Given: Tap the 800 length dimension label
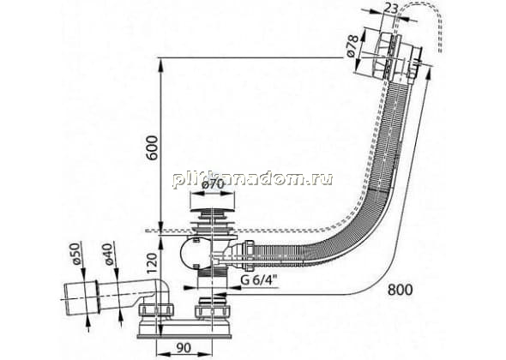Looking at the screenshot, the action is coord(400,290).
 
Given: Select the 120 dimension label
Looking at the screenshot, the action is coord(152,263).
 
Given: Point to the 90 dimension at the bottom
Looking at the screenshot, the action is coord(184,347).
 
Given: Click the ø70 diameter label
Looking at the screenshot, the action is coord(213,184).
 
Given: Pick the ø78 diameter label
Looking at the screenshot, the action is coord(352,45).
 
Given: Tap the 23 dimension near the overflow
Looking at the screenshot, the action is coord(391,9).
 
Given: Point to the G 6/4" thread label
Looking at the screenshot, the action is coord(260,280).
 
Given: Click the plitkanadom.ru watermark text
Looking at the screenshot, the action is coord(252,179).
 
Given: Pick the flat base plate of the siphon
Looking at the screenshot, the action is coord(184,336).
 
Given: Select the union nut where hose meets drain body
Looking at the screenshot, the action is coord(249,255).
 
